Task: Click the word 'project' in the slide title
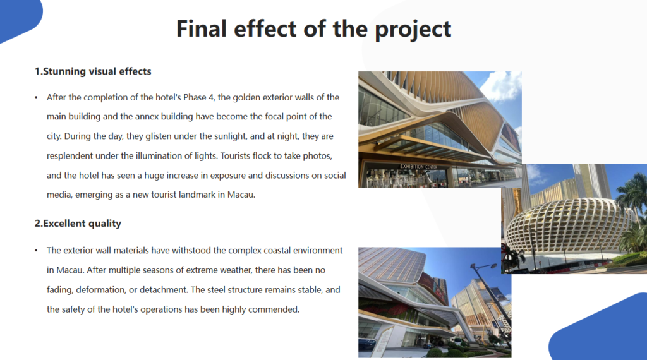[x=413, y=30]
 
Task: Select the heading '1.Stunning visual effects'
[x=93, y=71]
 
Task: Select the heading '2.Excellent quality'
[x=78, y=224]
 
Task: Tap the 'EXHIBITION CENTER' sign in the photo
[x=418, y=167]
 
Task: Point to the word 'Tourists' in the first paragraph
[x=235, y=156]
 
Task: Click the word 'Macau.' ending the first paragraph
[x=242, y=195]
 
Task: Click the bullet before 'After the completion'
[x=36, y=98]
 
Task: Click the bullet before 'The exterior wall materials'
[x=36, y=251]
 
